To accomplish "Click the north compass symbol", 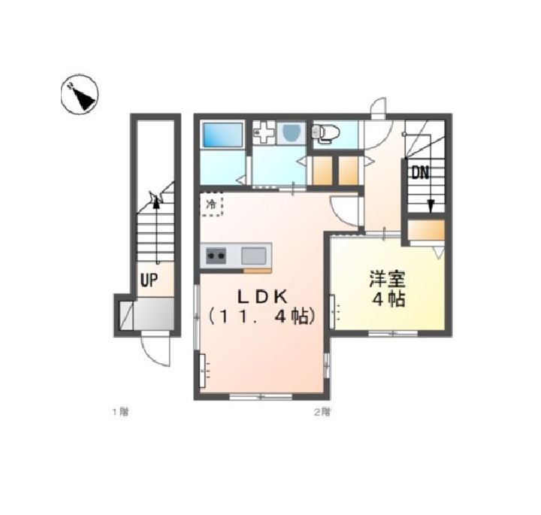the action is [x=80, y=94].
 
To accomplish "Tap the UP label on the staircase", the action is [x=149, y=280].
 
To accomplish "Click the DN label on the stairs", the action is [x=420, y=172].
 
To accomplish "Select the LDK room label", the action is [x=261, y=297].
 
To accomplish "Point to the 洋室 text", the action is [x=387, y=279].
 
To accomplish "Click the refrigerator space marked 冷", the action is [x=212, y=204].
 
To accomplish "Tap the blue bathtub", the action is [x=222, y=135].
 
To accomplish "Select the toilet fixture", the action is [x=325, y=132].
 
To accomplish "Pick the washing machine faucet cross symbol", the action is [x=264, y=132].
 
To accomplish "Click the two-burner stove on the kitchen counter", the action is [x=216, y=256].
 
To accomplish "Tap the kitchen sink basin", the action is [x=254, y=256].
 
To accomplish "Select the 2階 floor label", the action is [x=322, y=412].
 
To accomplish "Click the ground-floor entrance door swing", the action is [x=156, y=350].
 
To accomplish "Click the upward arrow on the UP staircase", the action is [x=156, y=230].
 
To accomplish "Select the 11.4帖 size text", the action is [x=261, y=317].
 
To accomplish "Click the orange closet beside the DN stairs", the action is [x=426, y=230].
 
